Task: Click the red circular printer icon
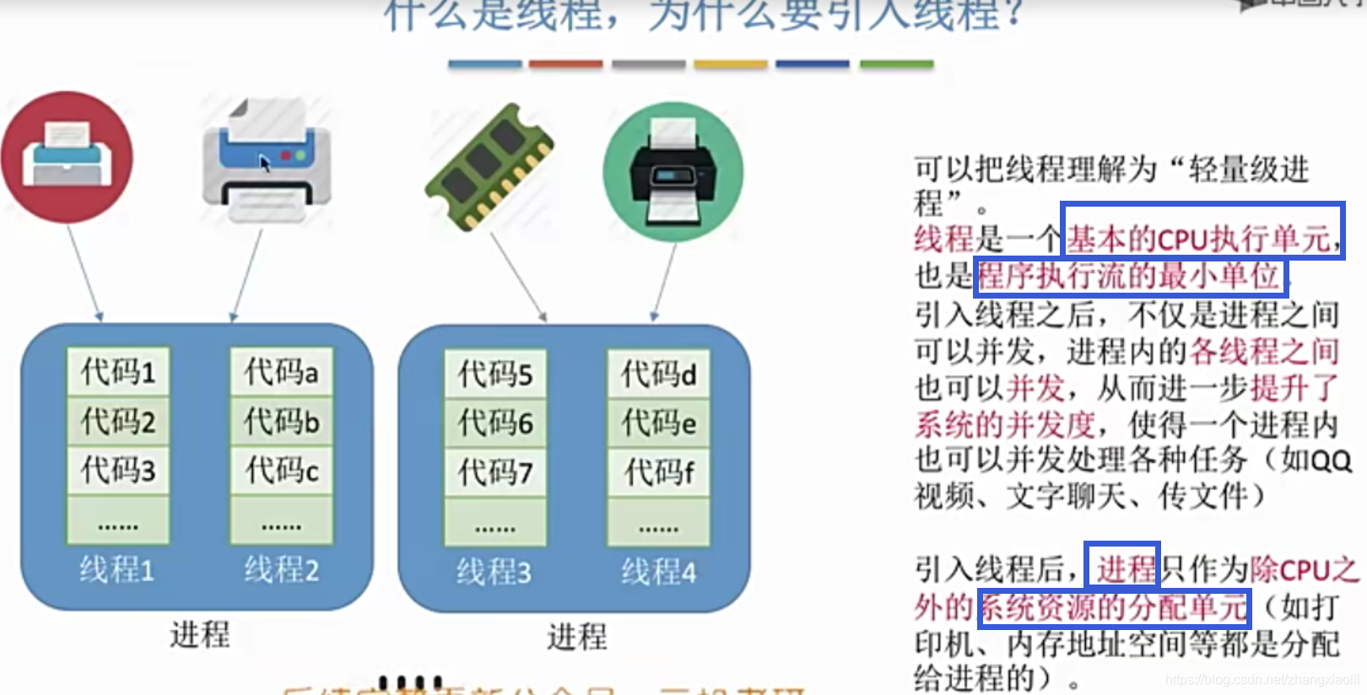point(67,158)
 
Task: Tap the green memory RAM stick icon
point(490,166)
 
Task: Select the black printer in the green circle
point(673,171)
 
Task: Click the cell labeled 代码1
point(118,372)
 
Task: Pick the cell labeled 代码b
point(282,421)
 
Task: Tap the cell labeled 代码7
point(495,472)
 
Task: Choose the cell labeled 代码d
point(659,374)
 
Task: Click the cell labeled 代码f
point(659,472)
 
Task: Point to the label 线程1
point(117,570)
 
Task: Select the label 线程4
point(659,573)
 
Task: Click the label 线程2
point(282,570)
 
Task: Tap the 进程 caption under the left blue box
point(200,634)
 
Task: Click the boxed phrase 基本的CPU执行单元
point(1202,239)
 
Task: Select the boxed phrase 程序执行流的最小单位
point(1129,276)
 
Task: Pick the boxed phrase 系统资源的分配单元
point(1114,607)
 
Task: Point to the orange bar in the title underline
point(565,64)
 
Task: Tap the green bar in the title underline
point(896,64)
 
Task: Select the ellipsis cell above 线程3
point(495,522)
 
